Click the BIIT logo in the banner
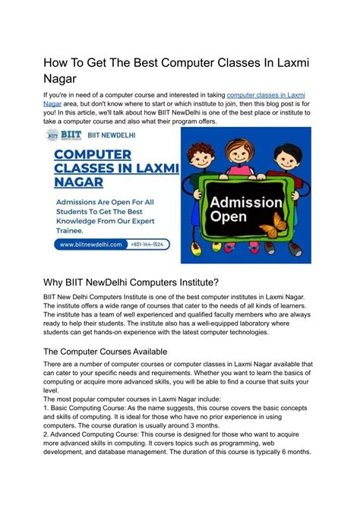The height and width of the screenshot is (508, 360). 59,134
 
